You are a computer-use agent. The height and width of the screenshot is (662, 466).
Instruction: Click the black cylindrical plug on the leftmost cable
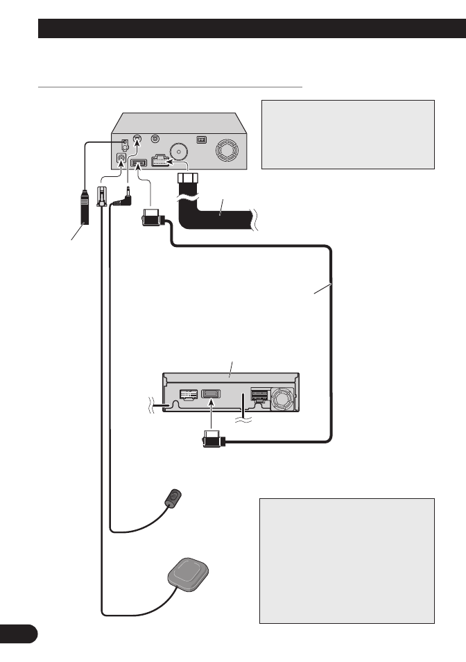pos(84,212)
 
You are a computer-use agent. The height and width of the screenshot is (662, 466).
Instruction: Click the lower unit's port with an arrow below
pos(211,396)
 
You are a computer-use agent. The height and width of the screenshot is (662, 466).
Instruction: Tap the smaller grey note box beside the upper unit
pos(347,134)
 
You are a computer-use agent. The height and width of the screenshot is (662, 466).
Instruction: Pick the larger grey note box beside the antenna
pos(347,560)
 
